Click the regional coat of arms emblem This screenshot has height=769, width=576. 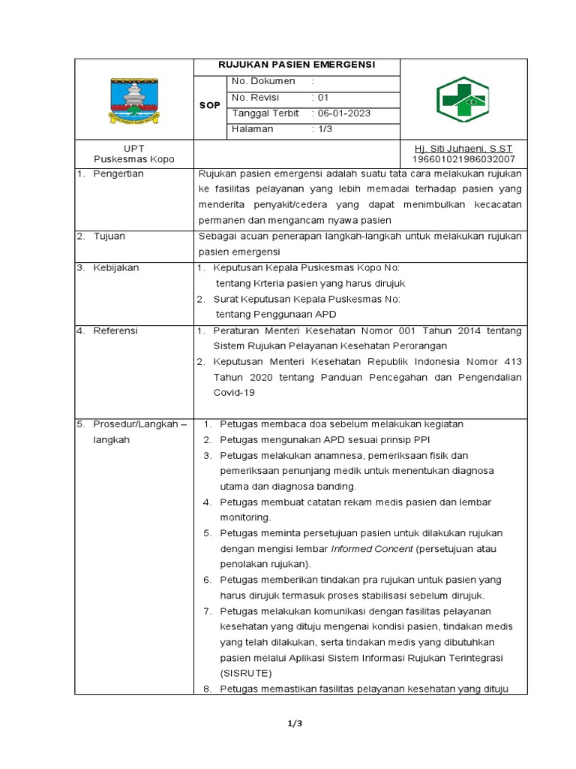[134, 99]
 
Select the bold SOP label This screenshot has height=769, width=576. [210, 105]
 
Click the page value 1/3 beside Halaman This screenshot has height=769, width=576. [322, 129]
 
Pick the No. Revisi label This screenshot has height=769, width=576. [259, 98]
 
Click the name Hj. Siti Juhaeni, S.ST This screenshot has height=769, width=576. [463, 148]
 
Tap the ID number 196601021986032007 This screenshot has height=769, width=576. [463, 159]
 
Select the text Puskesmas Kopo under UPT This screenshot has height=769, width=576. [133, 159]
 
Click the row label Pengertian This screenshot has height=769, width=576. [118, 173]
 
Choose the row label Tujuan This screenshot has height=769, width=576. [109, 236]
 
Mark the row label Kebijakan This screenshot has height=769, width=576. [116, 267]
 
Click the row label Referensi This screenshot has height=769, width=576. [115, 330]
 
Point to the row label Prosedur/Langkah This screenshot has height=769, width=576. [139, 424]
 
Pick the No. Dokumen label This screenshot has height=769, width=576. [263, 81]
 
